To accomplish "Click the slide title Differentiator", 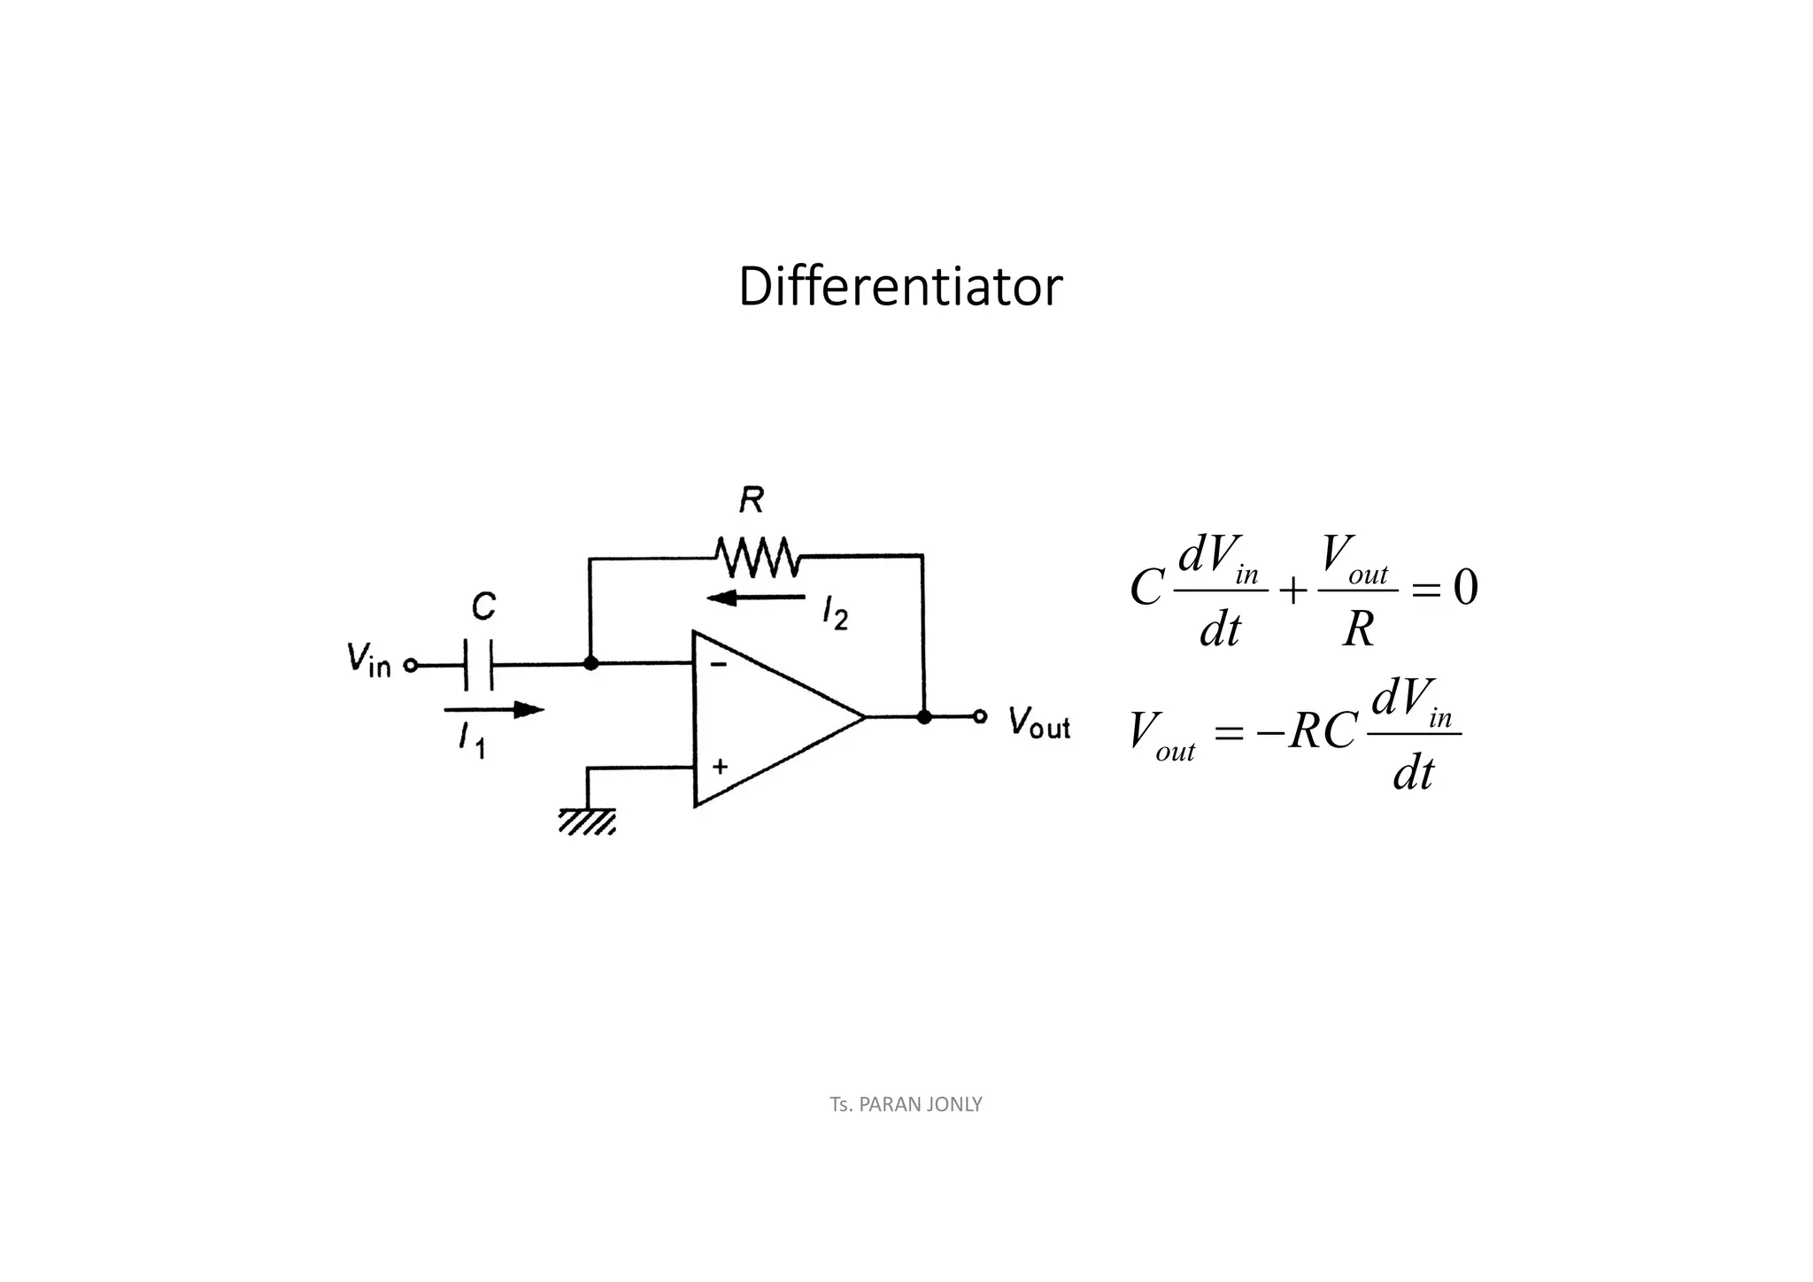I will pos(899,288).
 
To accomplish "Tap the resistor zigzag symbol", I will pos(758,557).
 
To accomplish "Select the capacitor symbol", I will pos(479,665).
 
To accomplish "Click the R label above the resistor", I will pos(752,501).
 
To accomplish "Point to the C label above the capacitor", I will pos(483,607).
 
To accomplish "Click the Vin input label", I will pos(368,660).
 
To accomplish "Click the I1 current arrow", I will pos(494,709).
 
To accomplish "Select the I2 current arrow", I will pos(756,598).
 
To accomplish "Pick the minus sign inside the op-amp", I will pos(720,664).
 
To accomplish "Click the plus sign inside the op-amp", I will pos(720,766).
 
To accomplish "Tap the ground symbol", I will pos(587,821).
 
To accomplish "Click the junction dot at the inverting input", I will pos(590,663).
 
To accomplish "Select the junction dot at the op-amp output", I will pos(924,717).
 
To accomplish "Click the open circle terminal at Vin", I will pos(410,665).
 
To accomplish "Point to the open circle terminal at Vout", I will pos(980,716).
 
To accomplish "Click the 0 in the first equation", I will pos(1465,588).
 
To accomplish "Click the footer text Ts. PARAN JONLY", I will pos(906,1104).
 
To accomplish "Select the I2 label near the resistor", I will pos(835,612).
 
